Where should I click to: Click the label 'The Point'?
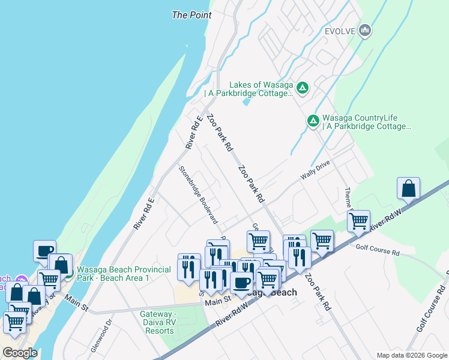click(191, 15)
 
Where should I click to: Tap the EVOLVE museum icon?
click(365, 31)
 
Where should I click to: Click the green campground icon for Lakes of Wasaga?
click(303, 89)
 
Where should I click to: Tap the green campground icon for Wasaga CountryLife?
click(313, 121)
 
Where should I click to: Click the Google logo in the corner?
click(20, 353)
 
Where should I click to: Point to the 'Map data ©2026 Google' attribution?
click(411, 355)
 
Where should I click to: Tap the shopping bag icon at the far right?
click(408, 188)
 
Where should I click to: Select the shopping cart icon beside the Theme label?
click(359, 220)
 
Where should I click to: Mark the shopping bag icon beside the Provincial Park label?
click(61, 264)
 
